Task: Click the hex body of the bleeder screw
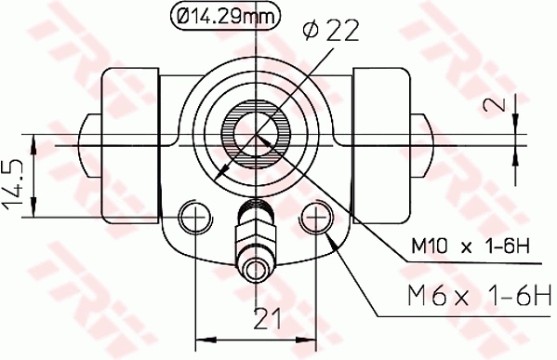coord(254,233)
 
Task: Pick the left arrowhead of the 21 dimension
coord(200,334)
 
